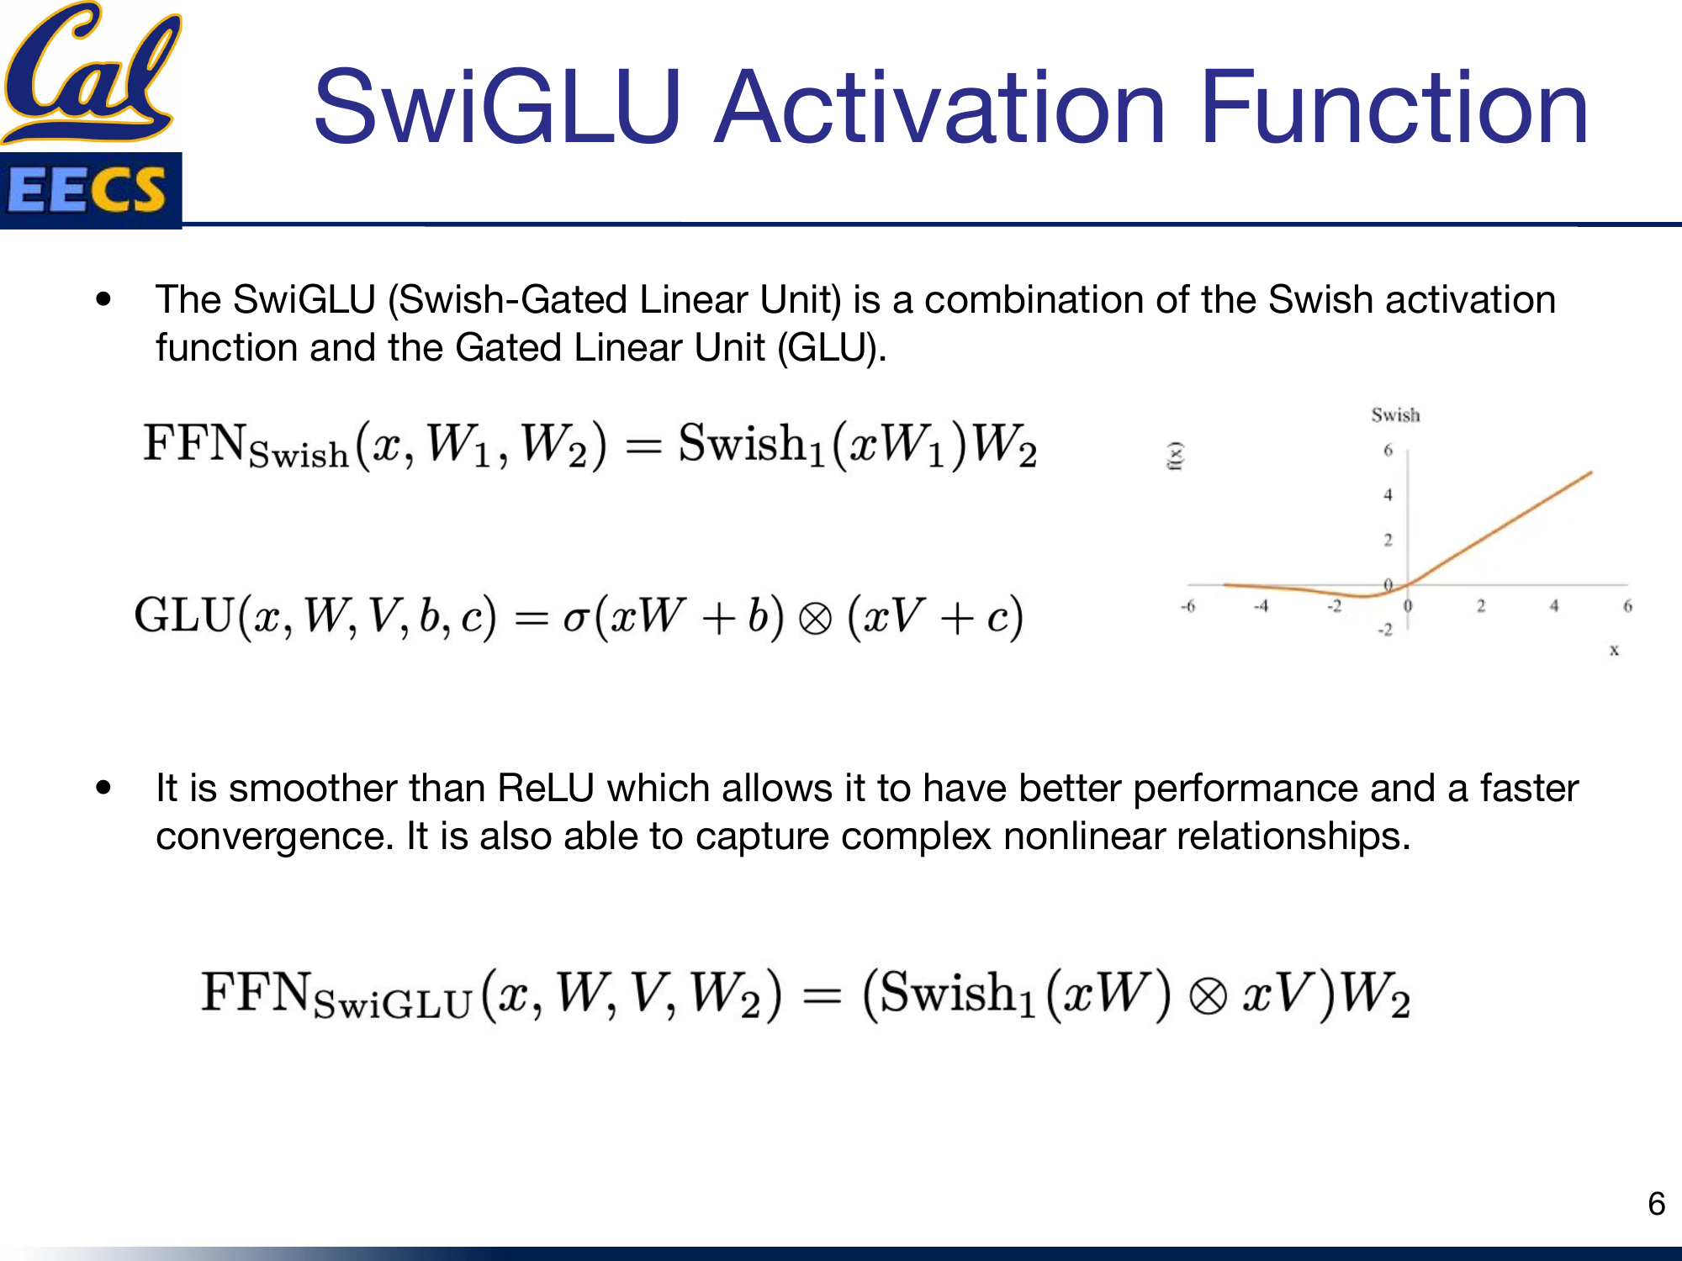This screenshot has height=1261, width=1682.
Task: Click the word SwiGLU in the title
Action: pos(496,108)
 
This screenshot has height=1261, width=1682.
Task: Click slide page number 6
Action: pos(1656,1204)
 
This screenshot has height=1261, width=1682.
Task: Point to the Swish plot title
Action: pos(1395,414)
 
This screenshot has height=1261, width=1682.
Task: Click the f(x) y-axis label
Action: pos(1176,456)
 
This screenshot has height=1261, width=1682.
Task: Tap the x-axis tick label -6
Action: pos(1187,606)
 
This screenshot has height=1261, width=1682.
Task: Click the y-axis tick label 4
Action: pos(1388,495)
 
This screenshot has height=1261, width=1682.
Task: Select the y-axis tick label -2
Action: pos(1384,630)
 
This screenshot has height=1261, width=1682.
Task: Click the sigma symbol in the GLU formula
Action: pos(575,619)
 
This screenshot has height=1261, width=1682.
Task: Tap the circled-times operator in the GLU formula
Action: pos(814,620)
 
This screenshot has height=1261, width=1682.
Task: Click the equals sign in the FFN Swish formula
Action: pos(643,446)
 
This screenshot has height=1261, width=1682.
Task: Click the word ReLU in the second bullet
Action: pos(546,789)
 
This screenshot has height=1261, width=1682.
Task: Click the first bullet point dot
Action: pos(103,299)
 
